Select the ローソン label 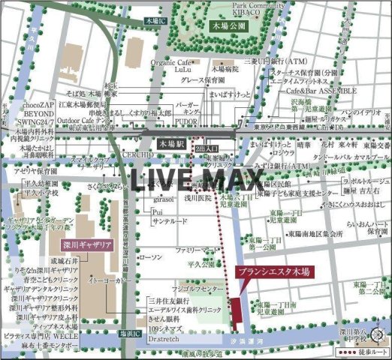[152, 256]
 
